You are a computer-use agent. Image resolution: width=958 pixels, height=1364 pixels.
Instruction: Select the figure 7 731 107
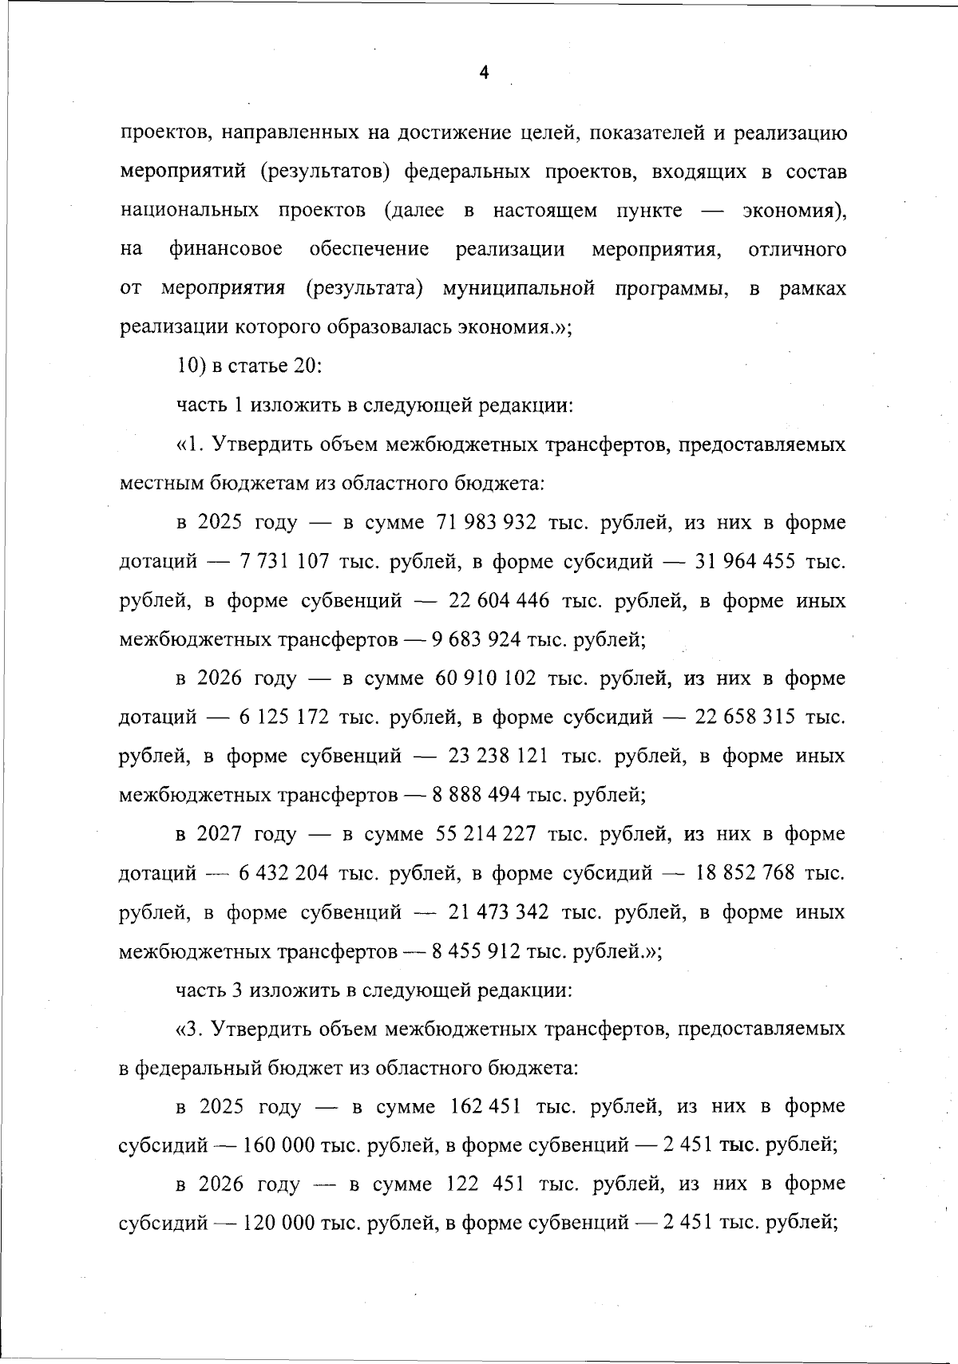click(x=284, y=562)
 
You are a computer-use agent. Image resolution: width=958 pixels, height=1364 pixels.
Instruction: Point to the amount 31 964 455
click(x=745, y=562)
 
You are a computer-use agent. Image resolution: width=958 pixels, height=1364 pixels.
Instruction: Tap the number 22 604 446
click(x=499, y=601)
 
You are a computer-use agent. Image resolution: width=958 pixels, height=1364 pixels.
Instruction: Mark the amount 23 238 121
click(x=498, y=756)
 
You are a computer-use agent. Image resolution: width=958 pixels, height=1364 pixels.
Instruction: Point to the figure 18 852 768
click(x=745, y=872)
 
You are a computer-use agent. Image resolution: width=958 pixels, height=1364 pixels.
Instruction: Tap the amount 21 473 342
click(x=499, y=911)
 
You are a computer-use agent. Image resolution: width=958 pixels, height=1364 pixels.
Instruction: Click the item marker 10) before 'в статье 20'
click(x=189, y=366)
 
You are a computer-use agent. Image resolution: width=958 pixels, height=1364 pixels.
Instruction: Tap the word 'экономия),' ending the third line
click(x=794, y=211)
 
